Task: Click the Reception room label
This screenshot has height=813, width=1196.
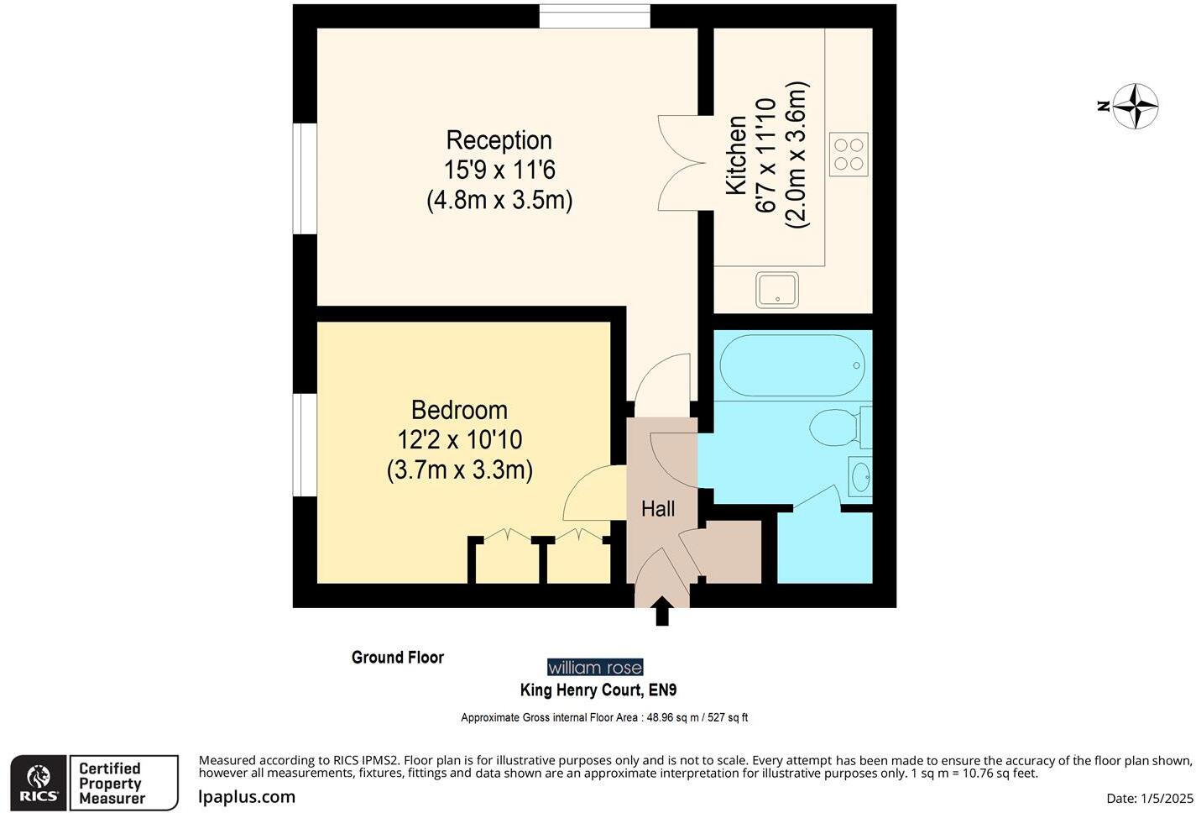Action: pyautogui.click(x=499, y=140)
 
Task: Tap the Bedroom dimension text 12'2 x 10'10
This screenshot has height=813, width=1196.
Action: pyautogui.click(x=460, y=440)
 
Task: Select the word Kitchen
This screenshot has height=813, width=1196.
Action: pyautogui.click(x=736, y=156)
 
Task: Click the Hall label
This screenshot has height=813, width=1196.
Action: pyautogui.click(x=658, y=509)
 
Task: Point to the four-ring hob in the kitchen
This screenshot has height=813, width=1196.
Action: pyautogui.click(x=849, y=155)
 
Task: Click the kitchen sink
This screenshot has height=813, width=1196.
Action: pyautogui.click(x=777, y=290)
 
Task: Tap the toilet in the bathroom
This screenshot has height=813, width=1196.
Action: pyautogui.click(x=838, y=427)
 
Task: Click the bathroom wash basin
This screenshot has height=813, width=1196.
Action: pyautogui.click(x=860, y=478)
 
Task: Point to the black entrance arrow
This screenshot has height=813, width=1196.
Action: pyautogui.click(x=662, y=611)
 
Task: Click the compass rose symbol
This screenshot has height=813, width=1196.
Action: pyautogui.click(x=1136, y=107)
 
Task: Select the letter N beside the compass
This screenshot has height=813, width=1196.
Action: pyautogui.click(x=1104, y=106)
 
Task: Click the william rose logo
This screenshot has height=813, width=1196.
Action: pyautogui.click(x=595, y=668)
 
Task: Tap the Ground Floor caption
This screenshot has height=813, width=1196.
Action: pyautogui.click(x=398, y=658)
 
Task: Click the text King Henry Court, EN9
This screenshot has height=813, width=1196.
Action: pyautogui.click(x=598, y=690)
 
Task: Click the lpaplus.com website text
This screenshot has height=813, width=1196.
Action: pyautogui.click(x=247, y=797)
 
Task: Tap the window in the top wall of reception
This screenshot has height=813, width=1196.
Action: pyautogui.click(x=594, y=16)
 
